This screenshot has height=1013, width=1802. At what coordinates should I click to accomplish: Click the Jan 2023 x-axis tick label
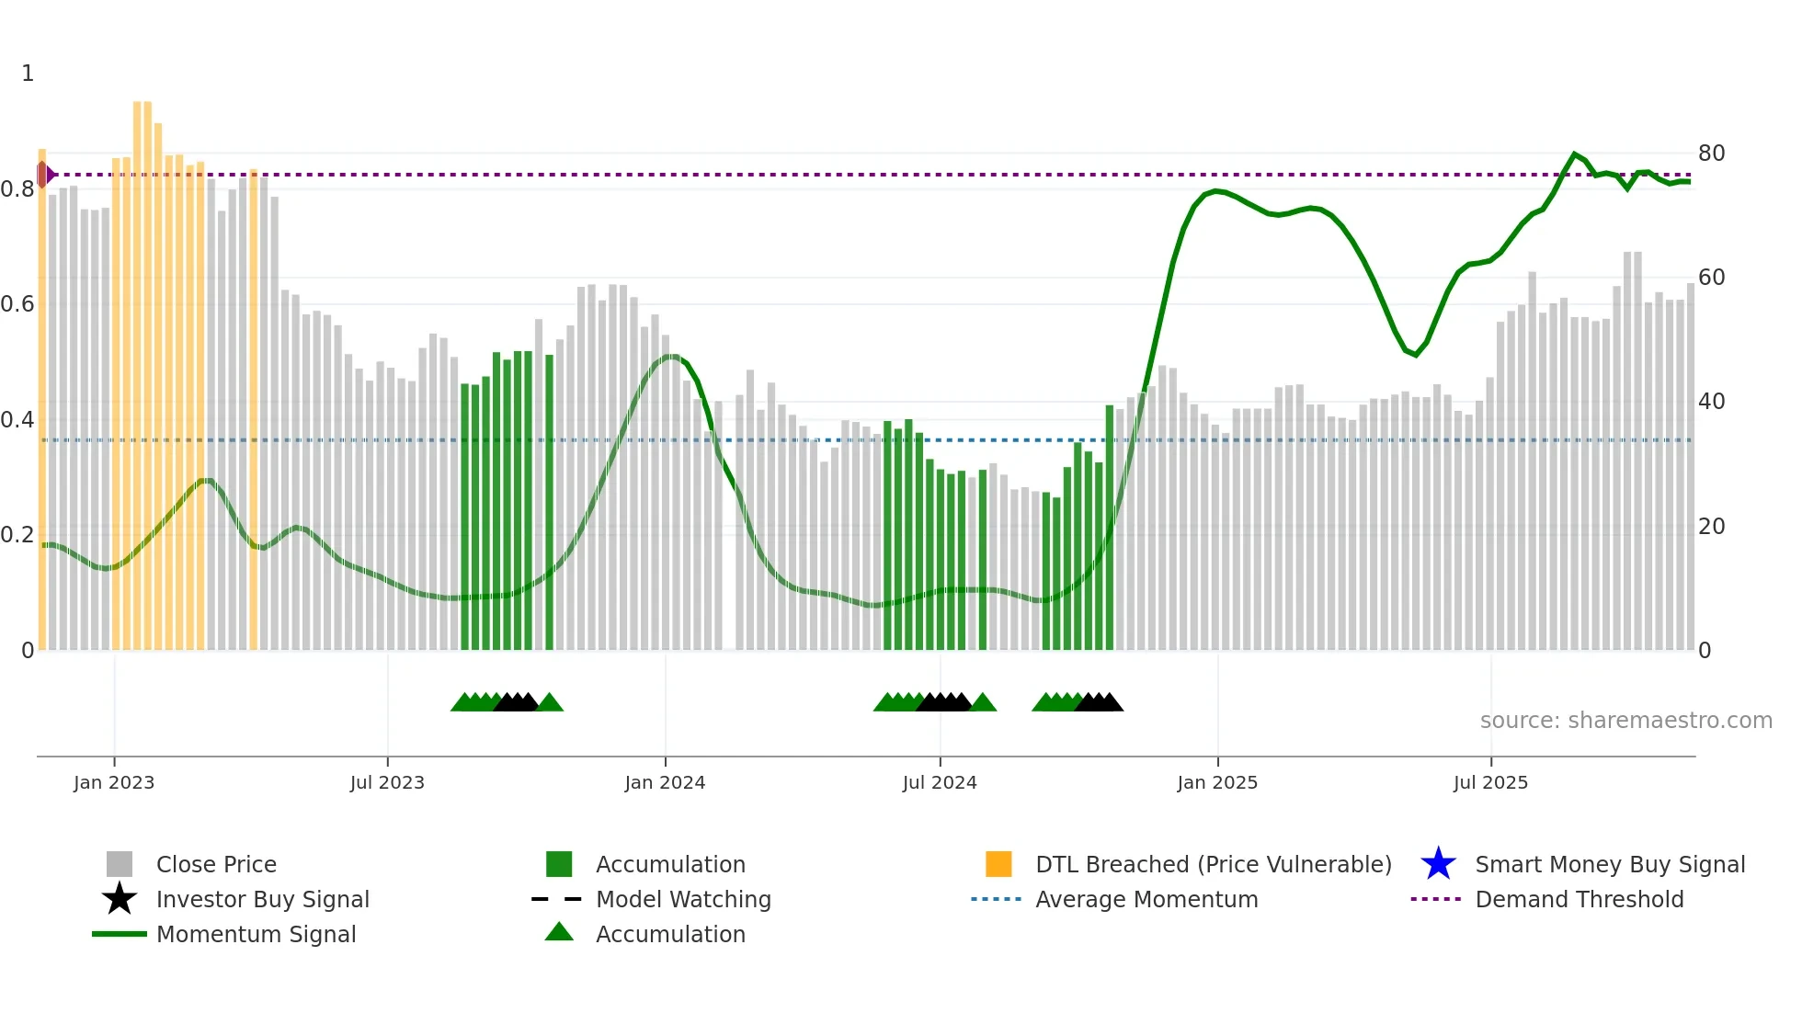click(114, 782)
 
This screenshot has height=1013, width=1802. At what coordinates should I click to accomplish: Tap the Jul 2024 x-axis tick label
click(940, 782)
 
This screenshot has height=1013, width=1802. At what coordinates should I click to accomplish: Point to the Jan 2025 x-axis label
click(1217, 782)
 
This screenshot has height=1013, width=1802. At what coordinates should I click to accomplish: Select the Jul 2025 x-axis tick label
click(1490, 782)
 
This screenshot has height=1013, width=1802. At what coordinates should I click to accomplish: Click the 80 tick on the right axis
click(1711, 153)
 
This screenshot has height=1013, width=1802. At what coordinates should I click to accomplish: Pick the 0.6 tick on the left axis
click(18, 304)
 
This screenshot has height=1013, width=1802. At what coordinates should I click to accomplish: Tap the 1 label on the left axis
click(28, 74)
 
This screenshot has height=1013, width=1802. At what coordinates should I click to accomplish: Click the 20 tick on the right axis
click(1711, 527)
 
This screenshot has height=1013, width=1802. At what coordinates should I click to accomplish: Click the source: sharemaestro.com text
click(1625, 721)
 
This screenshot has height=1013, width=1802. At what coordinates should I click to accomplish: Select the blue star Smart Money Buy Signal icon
click(1438, 864)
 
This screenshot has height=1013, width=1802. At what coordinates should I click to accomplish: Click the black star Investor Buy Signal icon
click(120, 899)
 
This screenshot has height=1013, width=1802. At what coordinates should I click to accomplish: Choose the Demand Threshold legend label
click(1579, 899)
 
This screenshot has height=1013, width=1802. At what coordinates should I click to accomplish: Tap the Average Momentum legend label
click(1146, 899)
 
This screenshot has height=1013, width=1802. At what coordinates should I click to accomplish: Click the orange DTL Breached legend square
click(998, 864)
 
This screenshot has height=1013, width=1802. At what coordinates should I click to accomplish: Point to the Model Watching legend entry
click(683, 899)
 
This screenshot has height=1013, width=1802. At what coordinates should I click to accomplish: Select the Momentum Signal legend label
click(256, 934)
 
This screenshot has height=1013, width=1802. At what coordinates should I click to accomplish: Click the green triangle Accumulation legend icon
click(559, 932)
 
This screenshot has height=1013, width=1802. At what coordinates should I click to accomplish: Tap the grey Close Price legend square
click(120, 864)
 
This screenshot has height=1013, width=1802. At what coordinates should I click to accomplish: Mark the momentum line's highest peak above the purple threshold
click(1575, 154)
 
